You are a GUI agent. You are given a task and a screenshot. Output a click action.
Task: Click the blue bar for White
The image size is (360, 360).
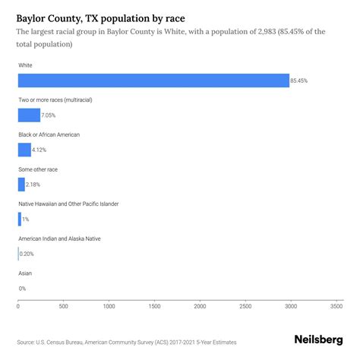(x=153, y=81)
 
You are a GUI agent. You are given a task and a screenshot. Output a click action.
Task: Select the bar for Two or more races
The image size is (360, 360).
(x=29, y=115)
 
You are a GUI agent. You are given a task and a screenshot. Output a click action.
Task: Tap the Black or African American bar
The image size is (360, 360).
(x=24, y=150)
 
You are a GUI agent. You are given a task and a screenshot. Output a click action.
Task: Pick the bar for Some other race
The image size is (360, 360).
(x=21, y=185)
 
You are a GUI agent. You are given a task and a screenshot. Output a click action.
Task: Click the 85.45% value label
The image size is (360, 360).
(x=300, y=81)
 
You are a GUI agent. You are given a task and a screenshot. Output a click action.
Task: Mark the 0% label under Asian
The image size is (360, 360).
(x=22, y=289)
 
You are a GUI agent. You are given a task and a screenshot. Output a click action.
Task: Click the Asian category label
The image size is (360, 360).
(x=25, y=273)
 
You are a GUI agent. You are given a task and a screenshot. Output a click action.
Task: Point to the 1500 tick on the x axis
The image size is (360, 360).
(x=154, y=307)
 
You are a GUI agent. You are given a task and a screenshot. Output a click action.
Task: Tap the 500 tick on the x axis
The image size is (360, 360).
(x=63, y=307)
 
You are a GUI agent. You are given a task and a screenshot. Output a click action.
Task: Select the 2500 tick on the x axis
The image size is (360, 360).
(x=245, y=307)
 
